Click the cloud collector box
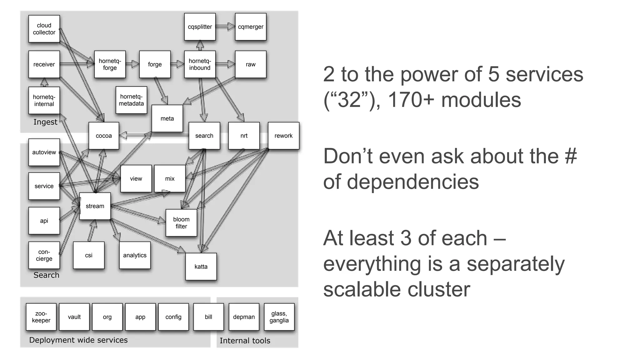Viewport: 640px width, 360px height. click(44, 29)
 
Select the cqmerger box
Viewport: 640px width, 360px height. click(250, 27)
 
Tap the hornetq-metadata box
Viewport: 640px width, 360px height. click(131, 100)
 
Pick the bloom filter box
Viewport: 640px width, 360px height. click(181, 223)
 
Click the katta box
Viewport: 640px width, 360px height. click(201, 267)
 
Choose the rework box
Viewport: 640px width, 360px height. click(283, 136)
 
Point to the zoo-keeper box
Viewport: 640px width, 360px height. click(41, 317)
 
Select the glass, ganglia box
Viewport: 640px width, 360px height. click(279, 317)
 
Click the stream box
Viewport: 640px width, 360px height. click(95, 206)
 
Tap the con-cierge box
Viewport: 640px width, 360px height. click(44, 255)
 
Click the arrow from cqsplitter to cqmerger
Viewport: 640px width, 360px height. click(225, 27)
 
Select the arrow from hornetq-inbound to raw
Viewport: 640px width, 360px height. click(225, 64)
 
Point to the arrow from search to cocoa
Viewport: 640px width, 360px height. click(153, 136)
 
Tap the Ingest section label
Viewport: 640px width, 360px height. click(45, 122)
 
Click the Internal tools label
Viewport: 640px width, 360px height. click(245, 341)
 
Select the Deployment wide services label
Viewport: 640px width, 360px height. click(78, 340)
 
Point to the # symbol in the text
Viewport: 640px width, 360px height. click(571, 156)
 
